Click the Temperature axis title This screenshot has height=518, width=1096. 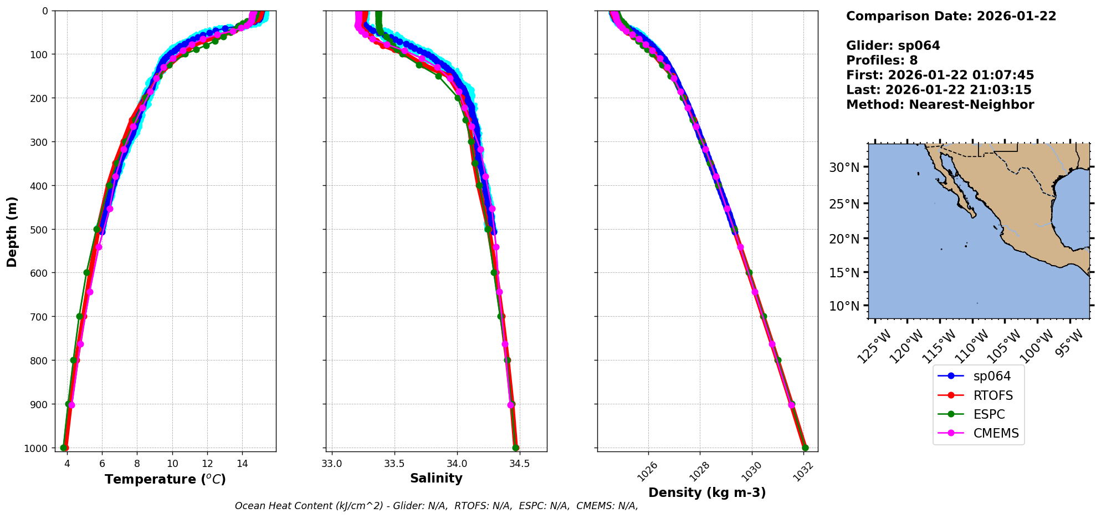click(165, 479)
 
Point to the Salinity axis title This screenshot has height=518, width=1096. click(436, 478)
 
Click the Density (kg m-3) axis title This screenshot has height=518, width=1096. click(707, 492)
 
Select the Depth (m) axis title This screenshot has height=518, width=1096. click(12, 231)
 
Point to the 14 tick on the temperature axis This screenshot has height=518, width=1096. click(242, 464)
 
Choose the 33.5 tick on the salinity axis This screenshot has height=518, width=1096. click(394, 464)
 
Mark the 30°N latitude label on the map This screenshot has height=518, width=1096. click(844, 167)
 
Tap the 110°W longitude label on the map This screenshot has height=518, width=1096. click(973, 346)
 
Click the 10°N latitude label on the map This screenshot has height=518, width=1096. click(844, 306)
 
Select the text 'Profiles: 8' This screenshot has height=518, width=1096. click(882, 60)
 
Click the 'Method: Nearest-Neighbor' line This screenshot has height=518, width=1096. click(940, 105)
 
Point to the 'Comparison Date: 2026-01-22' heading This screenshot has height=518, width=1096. click(951, 16)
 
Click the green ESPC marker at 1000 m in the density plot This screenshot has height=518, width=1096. click(805, 448)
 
